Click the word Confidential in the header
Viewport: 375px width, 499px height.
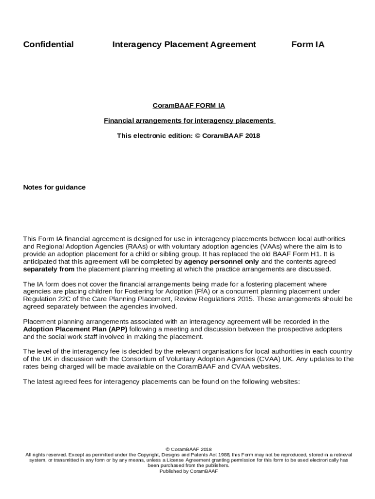point(49,45)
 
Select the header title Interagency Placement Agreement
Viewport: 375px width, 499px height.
point(184,45)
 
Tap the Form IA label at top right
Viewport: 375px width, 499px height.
point(308,45)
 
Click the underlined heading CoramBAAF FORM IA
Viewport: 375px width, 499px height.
point(188,105)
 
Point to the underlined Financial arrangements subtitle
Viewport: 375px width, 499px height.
point(189,120)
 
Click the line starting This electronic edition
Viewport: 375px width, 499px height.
point(188,135)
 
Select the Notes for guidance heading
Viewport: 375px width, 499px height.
point(55,187)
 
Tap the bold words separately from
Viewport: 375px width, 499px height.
point(49,269)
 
